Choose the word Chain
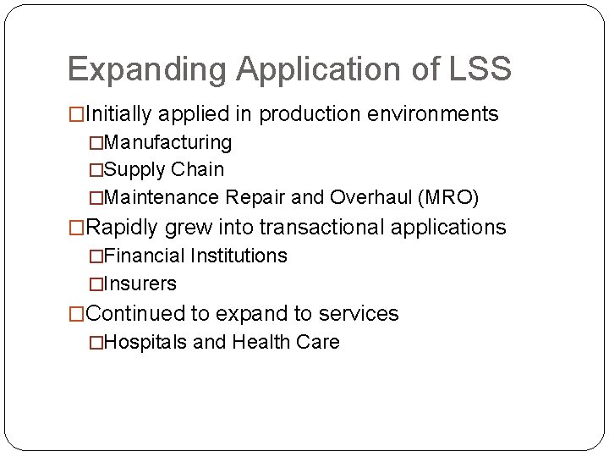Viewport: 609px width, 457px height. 197,169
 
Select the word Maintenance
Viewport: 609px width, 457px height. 162,198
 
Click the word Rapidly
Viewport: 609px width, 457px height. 123,227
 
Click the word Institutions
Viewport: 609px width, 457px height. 239,256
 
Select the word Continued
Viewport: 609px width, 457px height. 135,313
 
